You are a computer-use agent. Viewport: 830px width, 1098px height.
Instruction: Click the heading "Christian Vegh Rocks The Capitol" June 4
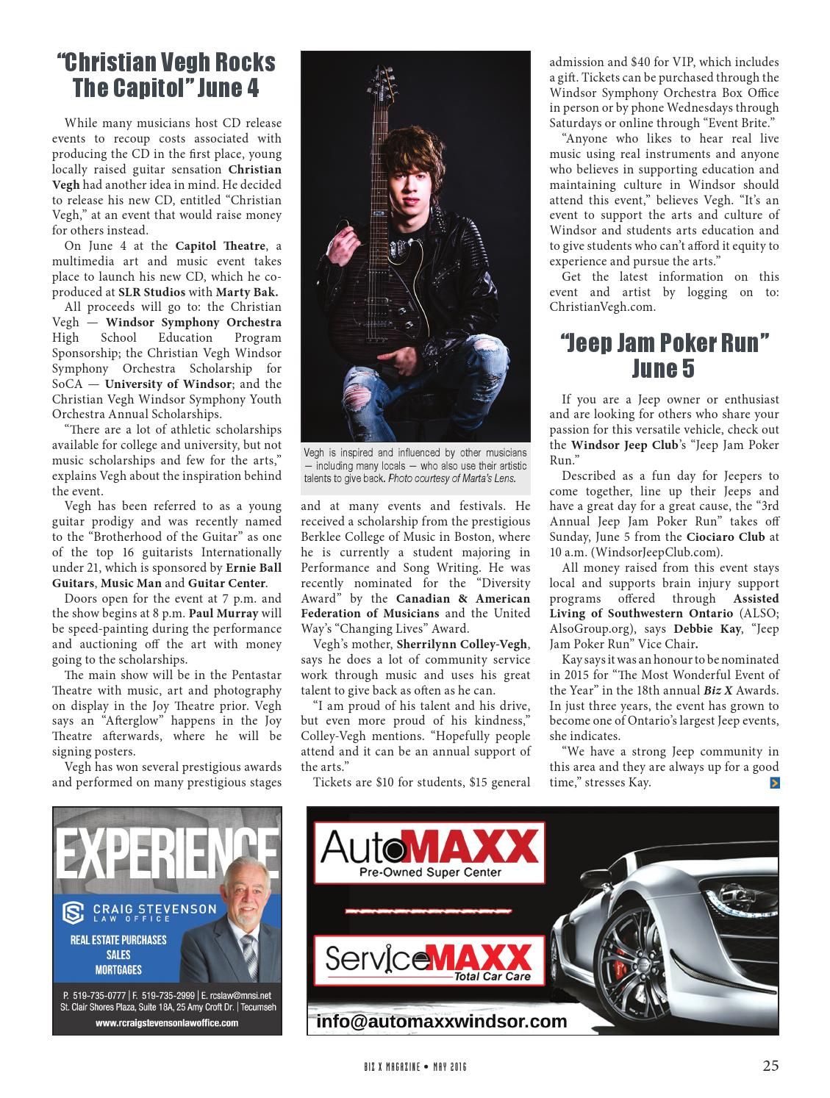pyautogui.click(x=166, y=75)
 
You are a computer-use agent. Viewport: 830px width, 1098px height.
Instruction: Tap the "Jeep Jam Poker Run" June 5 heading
pyautogui.click(x=664, y=355)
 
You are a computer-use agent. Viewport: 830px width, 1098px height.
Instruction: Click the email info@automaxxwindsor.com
pyautogui.click(x=441, y=1022)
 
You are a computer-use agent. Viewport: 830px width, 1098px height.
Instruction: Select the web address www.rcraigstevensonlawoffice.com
pyautogui.click(x=167, y=1022)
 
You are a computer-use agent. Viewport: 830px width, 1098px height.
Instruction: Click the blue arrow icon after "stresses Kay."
pyautogui.click(x=774, y=783)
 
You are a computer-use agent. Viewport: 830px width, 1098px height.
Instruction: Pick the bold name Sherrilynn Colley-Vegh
pyautogui.click(x=462, y=645)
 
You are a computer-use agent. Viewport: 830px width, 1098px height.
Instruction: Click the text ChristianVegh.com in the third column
pyautogui.click(x=601, y=307)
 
